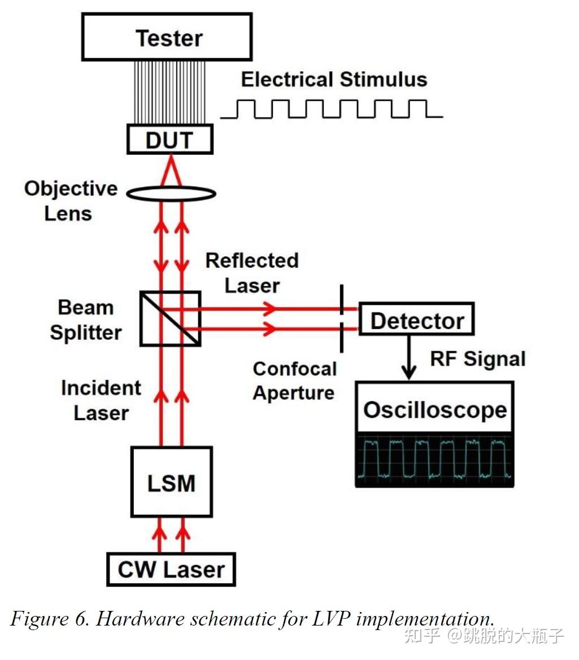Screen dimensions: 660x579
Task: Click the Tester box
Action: (x=167, y=37)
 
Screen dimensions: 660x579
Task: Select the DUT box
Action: (x=169, y=140)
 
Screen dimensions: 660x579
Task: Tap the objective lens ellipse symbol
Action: (x=171, y=194)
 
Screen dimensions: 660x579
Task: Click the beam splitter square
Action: (x=170, y=318)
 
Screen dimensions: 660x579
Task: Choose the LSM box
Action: (x=172, y=482)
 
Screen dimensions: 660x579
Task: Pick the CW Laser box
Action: (x=171, y=569)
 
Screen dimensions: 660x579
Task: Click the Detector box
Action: (x=416, y=320)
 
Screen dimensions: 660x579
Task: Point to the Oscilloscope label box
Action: (x=434, y=409)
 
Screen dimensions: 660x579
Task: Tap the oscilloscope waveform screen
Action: (x=434, y=460)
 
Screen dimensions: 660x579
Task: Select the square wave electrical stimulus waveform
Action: (x=331, y=108)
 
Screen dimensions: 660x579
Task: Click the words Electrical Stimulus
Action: (x=334, y=79)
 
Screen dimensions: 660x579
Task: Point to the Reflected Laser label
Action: (x=252, y=273)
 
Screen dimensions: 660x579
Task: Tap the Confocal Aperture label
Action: (x=294, y=380)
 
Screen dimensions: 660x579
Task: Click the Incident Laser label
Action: (x=101, y=400)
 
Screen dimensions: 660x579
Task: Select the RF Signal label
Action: (x=477, y=359)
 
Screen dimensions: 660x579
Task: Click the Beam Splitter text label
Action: (x=86, y=320)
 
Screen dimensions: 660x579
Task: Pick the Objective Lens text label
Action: (x=70, y=201)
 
